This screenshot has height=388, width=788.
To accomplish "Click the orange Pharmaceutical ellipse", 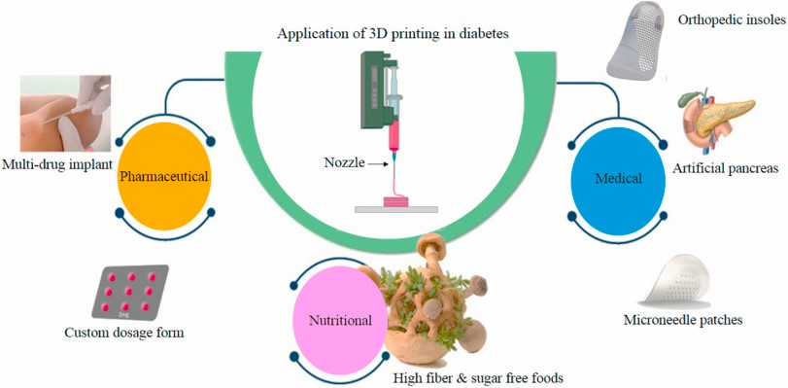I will (164, 177).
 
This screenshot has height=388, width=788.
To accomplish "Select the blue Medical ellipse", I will (618, 177).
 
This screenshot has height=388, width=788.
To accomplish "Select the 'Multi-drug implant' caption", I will (55, 164).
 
